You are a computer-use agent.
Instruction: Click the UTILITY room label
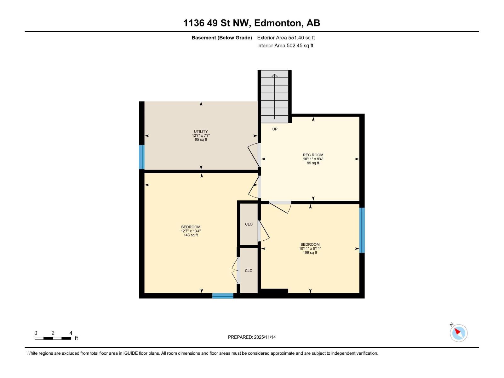[201, 132]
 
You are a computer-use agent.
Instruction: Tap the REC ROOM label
[313, 155]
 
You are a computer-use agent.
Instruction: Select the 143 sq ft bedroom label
[191, 227]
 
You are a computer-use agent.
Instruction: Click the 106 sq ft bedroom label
[310, 244]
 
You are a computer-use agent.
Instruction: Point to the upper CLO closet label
[249, 224]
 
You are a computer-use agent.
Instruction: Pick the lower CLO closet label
[249, 271]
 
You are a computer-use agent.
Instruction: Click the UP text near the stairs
[275, 129]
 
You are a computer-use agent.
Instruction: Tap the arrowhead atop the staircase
[275, 75]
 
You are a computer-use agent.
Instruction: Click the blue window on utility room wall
[142, 157]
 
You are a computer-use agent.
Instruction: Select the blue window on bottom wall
[223, 295]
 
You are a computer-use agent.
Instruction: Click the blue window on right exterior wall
[362, 230]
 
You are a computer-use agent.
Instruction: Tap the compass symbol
[459, 333]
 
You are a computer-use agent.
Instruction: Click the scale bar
[53, 338]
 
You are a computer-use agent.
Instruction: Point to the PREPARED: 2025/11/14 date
[252, 337]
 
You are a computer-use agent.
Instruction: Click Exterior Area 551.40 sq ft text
[286, 38]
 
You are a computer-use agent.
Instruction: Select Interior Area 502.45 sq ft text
[285, 46]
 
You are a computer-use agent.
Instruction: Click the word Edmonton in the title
[277, 23]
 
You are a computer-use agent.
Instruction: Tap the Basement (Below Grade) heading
[222, 38]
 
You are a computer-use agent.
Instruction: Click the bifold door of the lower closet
[235, 271]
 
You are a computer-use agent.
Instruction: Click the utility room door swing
[254, 155]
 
